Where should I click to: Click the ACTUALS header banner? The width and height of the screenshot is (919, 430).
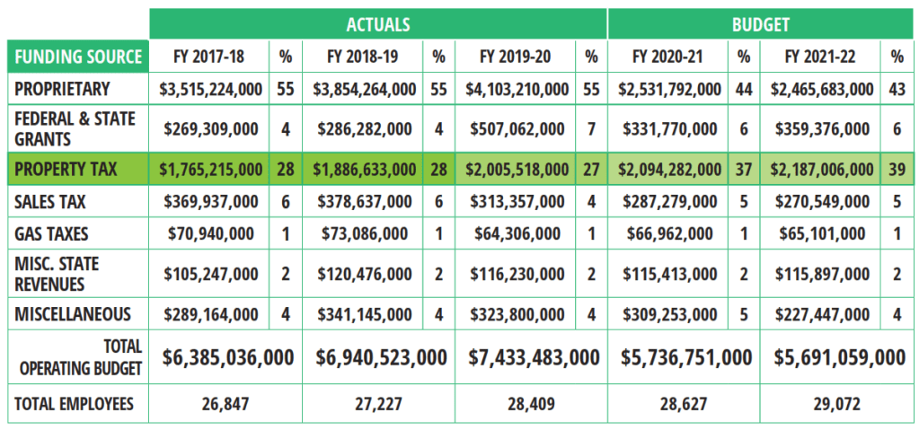(x=377, y=23)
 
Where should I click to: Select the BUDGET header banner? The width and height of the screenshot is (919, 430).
(x=761, y=23)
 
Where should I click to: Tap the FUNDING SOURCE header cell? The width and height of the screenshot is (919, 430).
(x=78, y=57)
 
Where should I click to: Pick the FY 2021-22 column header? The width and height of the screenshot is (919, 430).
(x=819, y=57)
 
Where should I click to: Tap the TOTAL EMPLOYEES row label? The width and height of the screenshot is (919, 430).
(x=73, y=404)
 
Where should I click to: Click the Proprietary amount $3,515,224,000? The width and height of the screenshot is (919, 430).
(x=211, y=89)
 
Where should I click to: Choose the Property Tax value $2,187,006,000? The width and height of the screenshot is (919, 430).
(x=819, y=169)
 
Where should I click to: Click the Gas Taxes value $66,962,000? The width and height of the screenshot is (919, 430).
(x=667, y=234)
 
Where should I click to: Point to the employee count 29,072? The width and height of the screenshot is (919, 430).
(x=836, y=404)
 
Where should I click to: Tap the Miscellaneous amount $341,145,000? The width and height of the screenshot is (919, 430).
(x=364, y=314)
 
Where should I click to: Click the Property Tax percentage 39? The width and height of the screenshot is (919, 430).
(x=897, y=169)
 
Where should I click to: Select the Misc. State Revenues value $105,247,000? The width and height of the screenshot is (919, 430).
(x=211, y=274)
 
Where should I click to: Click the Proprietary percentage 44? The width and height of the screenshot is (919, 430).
(x=744, y=89)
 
